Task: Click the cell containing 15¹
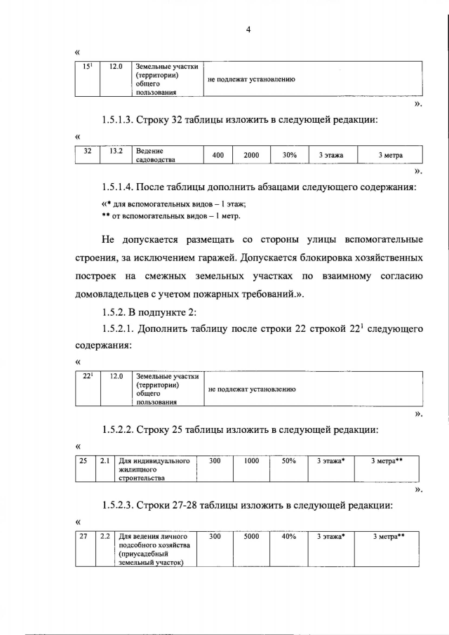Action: click(88, 67)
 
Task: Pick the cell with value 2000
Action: click(251, 155)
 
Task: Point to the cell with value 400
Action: click(217, 155)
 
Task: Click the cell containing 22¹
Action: click(88, 377)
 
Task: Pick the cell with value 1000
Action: click(251, 461)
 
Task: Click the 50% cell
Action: click(288, 461)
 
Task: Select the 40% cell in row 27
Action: click(288, 537)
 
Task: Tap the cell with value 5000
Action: click(251, 537)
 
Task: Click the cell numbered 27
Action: click(82, 537)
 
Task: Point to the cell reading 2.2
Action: click(105, 537)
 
